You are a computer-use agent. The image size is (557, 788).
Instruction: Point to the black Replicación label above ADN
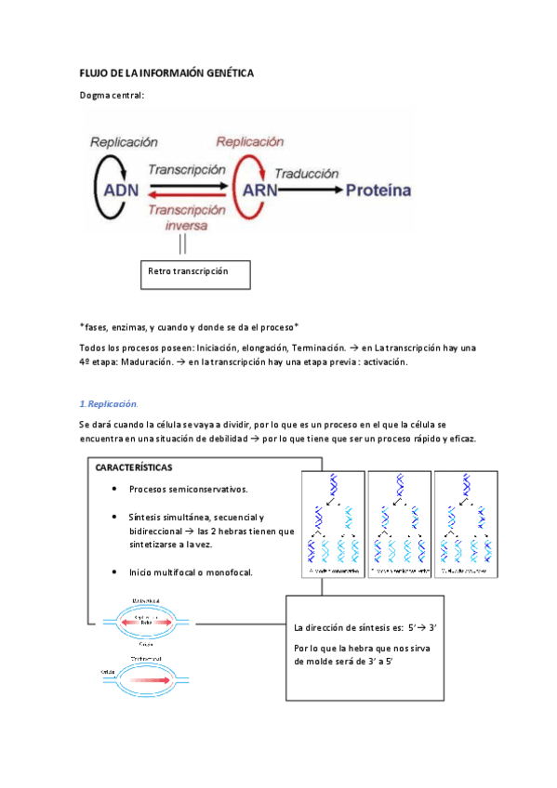pos(124,142)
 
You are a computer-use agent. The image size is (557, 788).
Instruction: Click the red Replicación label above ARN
pos(249,142)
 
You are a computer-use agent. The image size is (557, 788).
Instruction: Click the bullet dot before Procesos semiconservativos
pos(113,489)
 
